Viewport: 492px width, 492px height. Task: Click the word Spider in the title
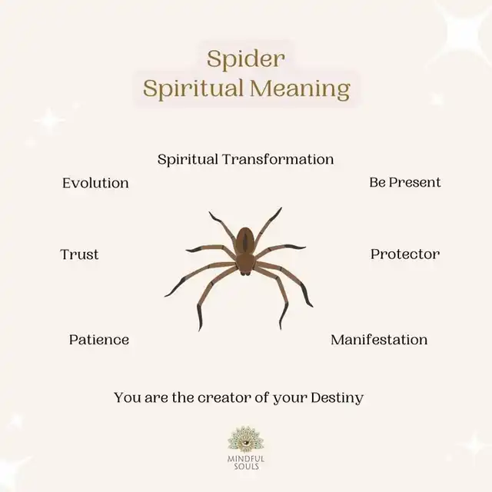tap(246, 59)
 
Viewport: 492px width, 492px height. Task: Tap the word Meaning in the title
tap(300, 88)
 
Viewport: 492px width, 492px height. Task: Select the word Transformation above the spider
tap(278, 159)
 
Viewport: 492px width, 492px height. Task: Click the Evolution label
tap(95, 183)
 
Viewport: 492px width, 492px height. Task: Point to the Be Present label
tap(405, 182)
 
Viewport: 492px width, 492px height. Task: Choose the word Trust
tap(79, 254)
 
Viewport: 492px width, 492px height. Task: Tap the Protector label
tap(405, 254)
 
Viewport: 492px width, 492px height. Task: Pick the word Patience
tap(99, 340)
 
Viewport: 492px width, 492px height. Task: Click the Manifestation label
tap(379, 340)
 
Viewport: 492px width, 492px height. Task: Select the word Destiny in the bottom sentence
tap(337, 398)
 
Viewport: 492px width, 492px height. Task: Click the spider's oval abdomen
tap(245, 240)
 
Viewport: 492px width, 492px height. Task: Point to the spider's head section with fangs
tap(245, 264)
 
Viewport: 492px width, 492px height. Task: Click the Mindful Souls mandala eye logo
tap(246, 439)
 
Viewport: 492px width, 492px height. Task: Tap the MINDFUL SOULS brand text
tap(246, 463)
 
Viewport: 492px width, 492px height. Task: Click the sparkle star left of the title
tap(49, 121)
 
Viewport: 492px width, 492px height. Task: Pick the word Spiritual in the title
tap(193, 89)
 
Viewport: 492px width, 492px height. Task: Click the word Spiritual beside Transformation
tap(188, 160)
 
